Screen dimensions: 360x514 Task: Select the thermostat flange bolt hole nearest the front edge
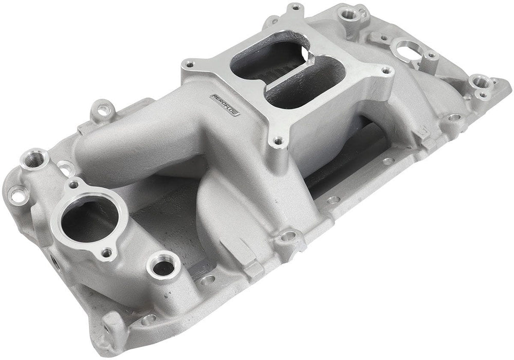click(x=107, y=253)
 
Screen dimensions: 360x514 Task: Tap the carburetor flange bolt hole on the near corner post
click(x=278, y=139)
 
